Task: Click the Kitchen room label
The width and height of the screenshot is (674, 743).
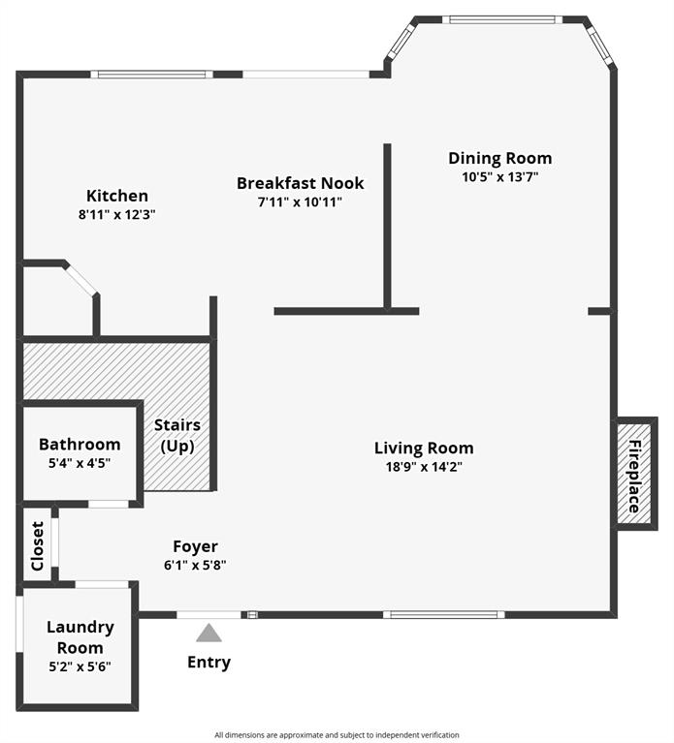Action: [x=117, y=196]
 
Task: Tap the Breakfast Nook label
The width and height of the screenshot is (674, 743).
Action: [x=301, y=183]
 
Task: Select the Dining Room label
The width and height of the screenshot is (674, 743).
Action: [x=499, y=158]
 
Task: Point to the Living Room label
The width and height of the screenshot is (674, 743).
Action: [x=424, y=448]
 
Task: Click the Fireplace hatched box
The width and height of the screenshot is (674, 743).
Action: [x=636, y=475]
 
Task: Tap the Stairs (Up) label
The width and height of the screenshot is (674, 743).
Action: [x=177, y=436]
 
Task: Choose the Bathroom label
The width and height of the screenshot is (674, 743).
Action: [x=80, y=445]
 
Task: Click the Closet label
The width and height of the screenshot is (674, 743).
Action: [x=38, y=545]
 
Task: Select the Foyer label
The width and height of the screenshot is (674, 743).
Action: [x=195, y=546]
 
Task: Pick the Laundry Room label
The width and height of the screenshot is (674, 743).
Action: [x=80, y=637]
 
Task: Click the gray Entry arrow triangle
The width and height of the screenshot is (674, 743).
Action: [x=209, y=634]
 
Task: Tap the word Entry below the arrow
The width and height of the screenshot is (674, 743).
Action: [x=209, y=663]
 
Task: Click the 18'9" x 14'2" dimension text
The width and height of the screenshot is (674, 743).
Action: [x=424, y=467]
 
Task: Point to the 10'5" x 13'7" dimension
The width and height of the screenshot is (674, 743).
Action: [x=499, y=177]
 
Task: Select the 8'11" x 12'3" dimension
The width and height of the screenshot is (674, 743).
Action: [x=117, y=215]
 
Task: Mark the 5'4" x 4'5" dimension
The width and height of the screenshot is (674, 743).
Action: [x=80, y=463]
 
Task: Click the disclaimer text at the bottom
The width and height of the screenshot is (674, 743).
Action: [x=337, y=734]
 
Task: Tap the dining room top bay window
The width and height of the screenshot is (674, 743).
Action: [x=502, y=18]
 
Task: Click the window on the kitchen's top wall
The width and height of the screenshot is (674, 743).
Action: [x=151, y=74]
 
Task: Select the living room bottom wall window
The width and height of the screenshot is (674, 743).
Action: [x=443, y=614]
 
